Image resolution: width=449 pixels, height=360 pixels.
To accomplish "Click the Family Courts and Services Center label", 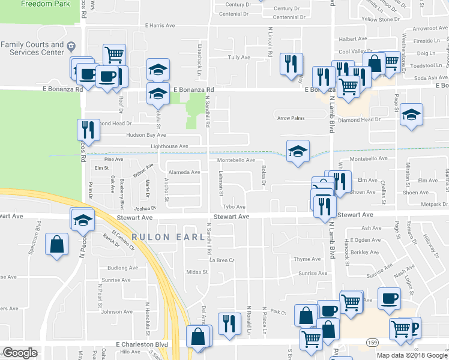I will [x=32, y=49].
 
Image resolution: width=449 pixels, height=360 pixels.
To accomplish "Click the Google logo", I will [x=20, y=353].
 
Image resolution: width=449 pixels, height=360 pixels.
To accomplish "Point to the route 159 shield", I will [x=372, y=341].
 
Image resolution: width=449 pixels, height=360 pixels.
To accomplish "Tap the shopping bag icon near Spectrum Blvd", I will [x=57, y=245].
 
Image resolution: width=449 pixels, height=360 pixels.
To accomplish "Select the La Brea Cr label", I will [x=220, y=260].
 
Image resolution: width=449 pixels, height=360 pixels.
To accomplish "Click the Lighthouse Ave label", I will [x=169, y=146].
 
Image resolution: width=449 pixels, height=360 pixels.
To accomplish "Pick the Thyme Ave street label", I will [x=308, y=259].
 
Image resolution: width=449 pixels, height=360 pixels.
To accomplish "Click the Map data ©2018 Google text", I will [x=411, y=355].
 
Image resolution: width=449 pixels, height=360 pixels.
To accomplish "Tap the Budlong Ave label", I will [x=122, y=268].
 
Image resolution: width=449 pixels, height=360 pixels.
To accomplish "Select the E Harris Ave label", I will [x=160, y=26].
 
